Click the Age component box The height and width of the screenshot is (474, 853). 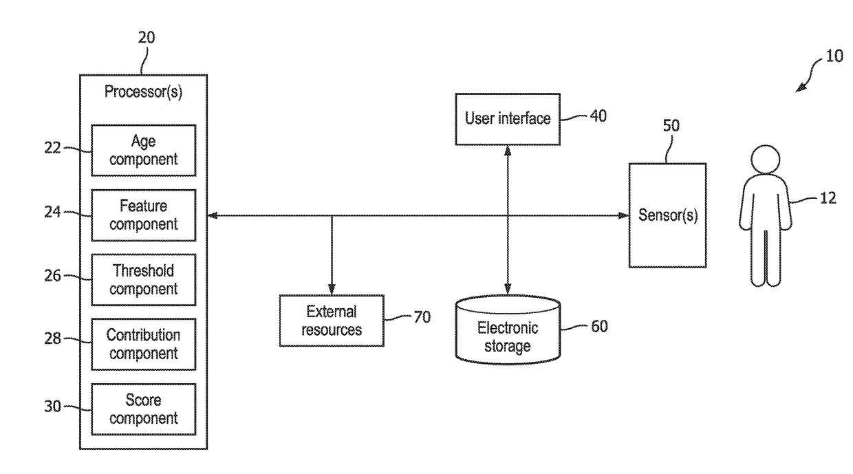(x=144, y=151)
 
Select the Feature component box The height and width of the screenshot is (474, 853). (x=144, y=215)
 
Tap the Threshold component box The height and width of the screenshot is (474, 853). (x=144, y=280)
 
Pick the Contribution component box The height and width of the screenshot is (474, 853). (x=144, y=344)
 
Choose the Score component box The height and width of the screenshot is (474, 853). (x=144, y=409)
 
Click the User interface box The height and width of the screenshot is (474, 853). (x=508, y=119)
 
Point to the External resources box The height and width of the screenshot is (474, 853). (x=332, y=321)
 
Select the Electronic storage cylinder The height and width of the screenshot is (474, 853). (x=508, y=330)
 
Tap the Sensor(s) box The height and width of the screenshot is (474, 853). (x=667, y=215)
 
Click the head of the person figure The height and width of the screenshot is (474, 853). (x=766, y=160)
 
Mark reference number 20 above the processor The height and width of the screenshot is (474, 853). (x=147, y=38)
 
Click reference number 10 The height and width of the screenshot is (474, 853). (x=834, y=56)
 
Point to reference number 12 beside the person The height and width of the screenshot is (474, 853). (x=828, y=198)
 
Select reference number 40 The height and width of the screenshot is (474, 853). (x=598, y=116)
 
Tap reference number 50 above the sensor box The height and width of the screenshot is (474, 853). (x=671, y=126)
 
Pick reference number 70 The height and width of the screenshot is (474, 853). (x=422, y=317)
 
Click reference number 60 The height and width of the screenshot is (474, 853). (x=599, y=326)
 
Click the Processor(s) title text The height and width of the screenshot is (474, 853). (x=144, y=92)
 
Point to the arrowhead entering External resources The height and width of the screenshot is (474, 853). (x=332, y=290)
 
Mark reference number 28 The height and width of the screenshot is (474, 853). (x=52, y=338)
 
